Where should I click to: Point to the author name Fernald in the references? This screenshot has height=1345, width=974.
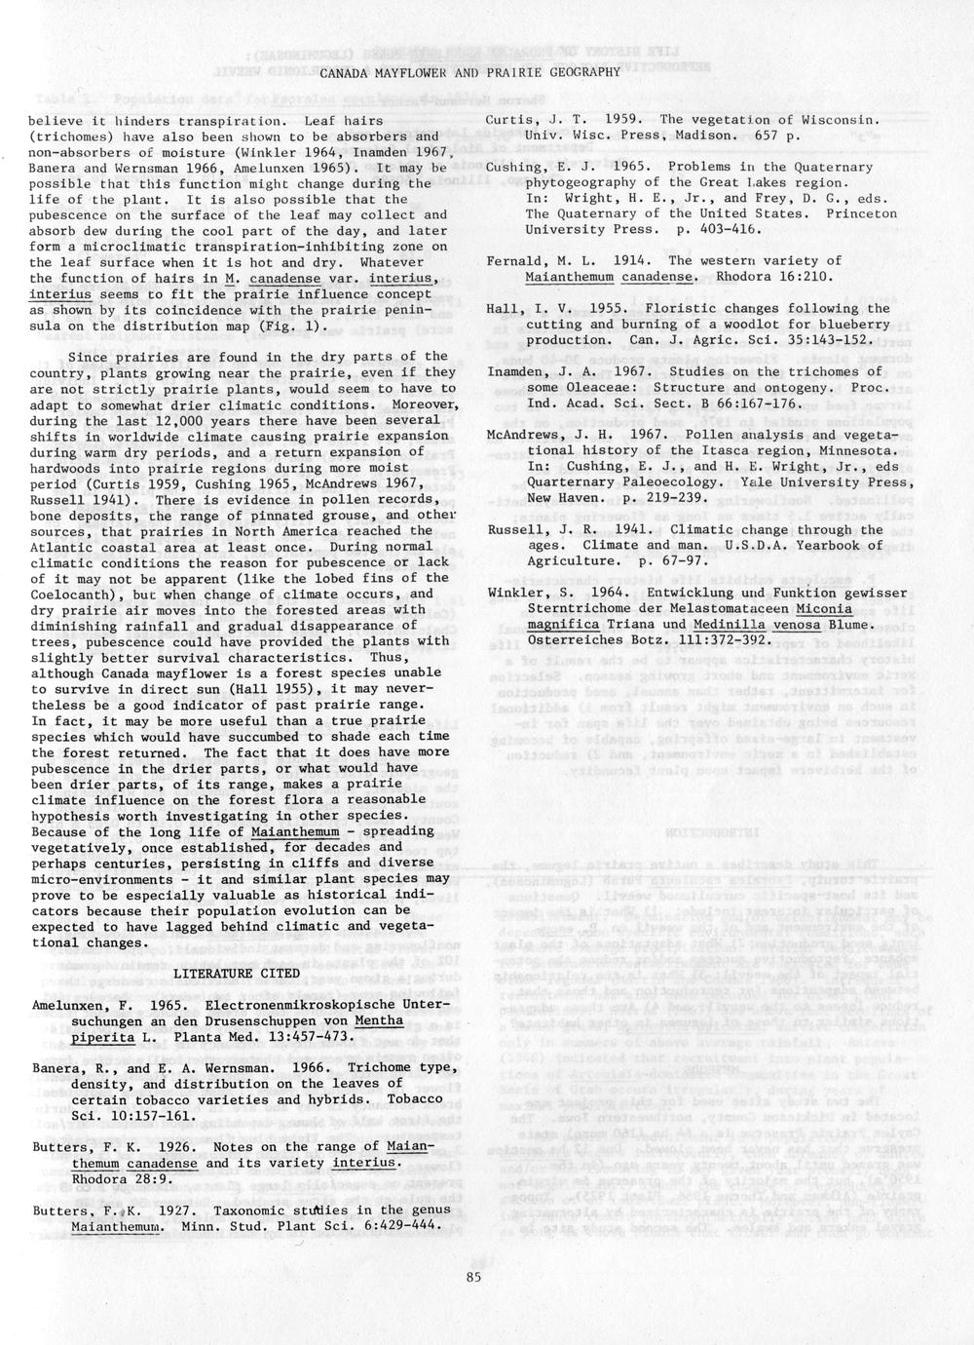pos(512,261)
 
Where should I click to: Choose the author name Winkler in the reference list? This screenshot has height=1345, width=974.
pos(512,594)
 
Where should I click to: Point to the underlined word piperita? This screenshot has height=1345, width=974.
pos(102,1036)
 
